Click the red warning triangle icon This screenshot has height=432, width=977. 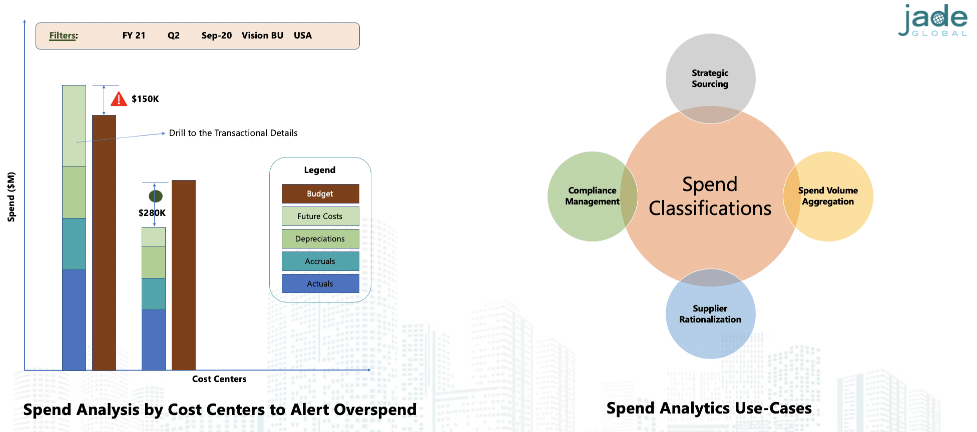point(119,99)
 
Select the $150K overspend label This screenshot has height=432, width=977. point(145,99)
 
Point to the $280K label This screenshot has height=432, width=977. point(152,213)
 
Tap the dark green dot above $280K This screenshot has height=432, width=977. point(156,196)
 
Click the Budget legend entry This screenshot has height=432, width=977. point(320,194)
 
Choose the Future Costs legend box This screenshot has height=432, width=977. point(320,216)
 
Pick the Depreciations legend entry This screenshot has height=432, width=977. point(320,239)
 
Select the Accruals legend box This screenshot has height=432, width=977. point(320,261)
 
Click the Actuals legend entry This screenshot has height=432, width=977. point(320,283)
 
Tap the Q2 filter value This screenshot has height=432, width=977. point(174,35)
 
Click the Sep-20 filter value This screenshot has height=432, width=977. point(217,35)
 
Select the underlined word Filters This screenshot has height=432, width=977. point(63,35)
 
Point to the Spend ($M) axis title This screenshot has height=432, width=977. point(11,196)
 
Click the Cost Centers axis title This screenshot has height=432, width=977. point(219,379)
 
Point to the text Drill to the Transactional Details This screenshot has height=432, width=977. point(233,133)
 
